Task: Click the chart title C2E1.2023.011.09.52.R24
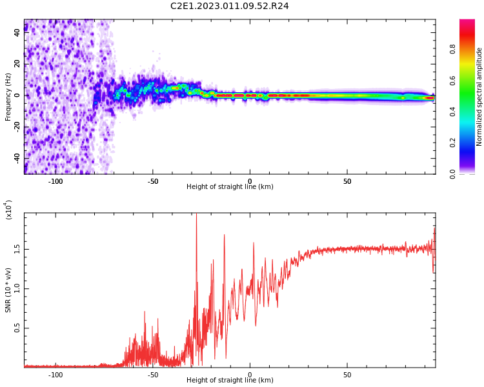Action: point(230,6)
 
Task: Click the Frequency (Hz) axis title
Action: point(8,97)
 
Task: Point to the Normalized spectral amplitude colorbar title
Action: point(479,97)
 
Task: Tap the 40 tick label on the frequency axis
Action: point(17,32)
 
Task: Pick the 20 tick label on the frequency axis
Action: point(17,64)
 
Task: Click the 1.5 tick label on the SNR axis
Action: point(17,249)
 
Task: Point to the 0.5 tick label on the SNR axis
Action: point(17,328)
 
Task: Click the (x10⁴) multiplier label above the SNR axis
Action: point(9,210)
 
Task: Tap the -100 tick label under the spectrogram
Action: point(55,181)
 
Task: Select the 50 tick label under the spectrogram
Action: point(347,181)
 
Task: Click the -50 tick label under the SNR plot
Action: point(153,374)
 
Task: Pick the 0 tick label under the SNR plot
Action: point(250,374)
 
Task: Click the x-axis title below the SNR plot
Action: point(230,381)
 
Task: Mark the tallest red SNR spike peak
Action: point(196,215)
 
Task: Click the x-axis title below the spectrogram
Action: point(230,187)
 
